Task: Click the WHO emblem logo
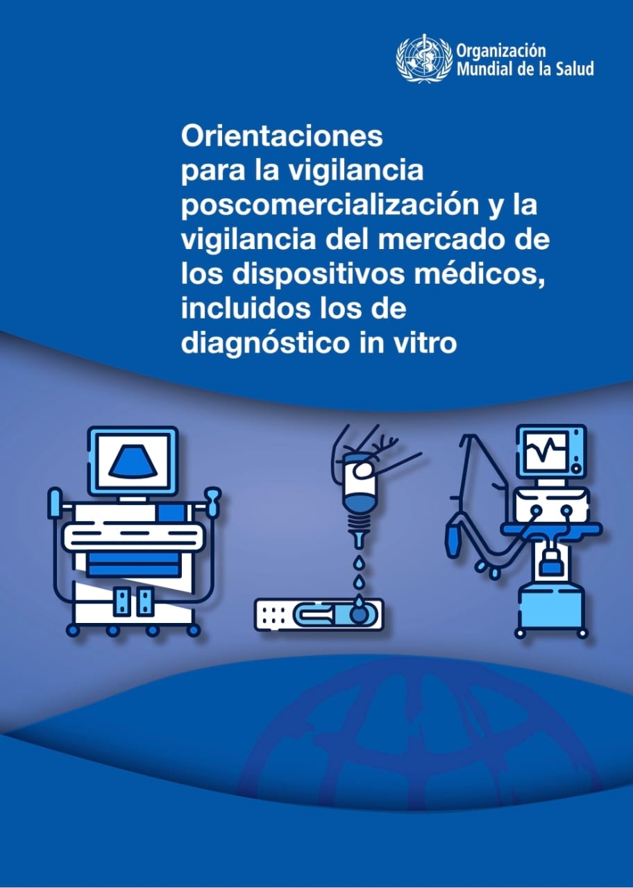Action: [423, 59]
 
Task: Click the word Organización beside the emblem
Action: [500, 51]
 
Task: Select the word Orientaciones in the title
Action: [282, 136]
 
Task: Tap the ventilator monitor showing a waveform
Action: [550, 451]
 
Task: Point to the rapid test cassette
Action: [319, 615]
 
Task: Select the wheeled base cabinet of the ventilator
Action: [552, 606]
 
